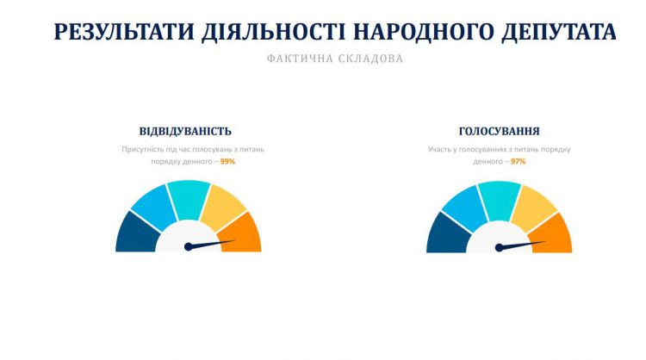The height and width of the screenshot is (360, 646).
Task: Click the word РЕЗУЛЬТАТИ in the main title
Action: coord(123,32)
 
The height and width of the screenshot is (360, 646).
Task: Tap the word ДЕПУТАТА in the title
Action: coord(559,32)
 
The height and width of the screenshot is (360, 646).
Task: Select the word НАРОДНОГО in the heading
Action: coord(423,32)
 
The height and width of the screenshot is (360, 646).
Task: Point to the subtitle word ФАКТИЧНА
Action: coord(300,59)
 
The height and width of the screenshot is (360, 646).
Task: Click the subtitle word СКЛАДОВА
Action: coord(370,59)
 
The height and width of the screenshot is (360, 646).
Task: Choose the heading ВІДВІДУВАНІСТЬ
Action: coord(185,132)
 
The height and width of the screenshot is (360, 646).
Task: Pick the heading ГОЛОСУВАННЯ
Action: coord(500,132)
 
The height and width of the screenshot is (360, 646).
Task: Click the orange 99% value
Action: coord(227,161)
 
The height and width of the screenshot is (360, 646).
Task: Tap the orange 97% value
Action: coord(519,161)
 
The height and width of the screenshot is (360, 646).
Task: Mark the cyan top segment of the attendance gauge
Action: coord(189,199)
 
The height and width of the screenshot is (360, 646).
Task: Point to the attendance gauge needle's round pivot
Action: coord(189,246)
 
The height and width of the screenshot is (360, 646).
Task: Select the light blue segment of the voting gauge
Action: coord(465,208)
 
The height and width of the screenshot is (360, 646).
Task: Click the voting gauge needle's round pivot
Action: coord(500,247)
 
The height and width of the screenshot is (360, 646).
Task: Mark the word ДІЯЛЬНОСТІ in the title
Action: coord(274,32)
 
